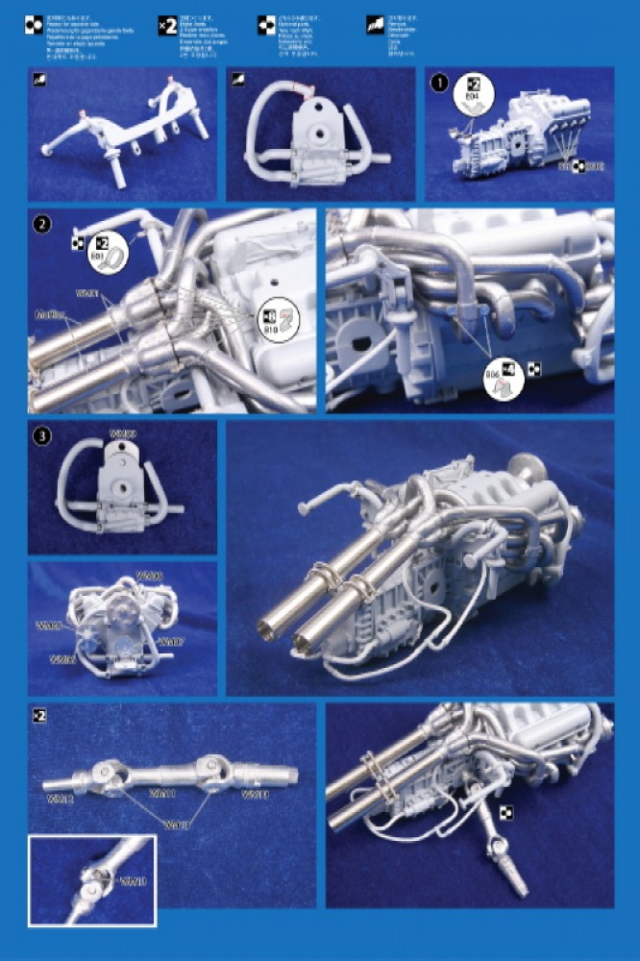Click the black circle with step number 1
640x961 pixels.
click(440, 83)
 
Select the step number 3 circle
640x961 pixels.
click(41, 436)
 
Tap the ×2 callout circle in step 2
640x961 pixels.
click(98, 248)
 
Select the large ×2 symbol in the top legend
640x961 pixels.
click(167, 26)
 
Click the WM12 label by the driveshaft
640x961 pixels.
click(61, 797)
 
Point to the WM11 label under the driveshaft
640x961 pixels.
click(161, 794)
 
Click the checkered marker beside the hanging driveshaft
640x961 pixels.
click(505, 813)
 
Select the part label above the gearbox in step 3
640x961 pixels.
click(123, 434)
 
